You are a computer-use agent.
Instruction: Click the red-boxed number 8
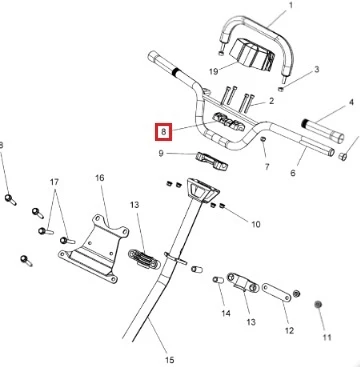(x=163, y=132)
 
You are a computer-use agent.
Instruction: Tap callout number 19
(x=213, y=71)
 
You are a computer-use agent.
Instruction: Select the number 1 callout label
(x=291, y=5)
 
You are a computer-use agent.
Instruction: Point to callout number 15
(x=169, y=360)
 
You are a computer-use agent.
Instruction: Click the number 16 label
(x=100, y=178)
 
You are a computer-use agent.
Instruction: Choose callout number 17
(x=54, y=182)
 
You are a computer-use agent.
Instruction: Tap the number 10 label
(x=256, y=224)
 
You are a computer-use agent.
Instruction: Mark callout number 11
(x=327, y=337)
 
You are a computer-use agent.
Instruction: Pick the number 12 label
(x=289, y=330)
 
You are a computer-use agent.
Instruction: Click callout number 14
(x=226, y=313)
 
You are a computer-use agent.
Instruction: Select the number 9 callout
(x=161, y=154)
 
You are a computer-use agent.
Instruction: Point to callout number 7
(x=267, y=167)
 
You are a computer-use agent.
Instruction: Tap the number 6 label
(x=293, y=173)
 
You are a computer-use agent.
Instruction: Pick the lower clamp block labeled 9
(x=212, y=160)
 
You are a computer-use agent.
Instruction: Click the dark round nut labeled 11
(x=318, y=304)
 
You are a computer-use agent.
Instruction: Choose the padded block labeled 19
(x=252, y=55)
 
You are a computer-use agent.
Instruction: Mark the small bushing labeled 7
(x=263, y=139)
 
